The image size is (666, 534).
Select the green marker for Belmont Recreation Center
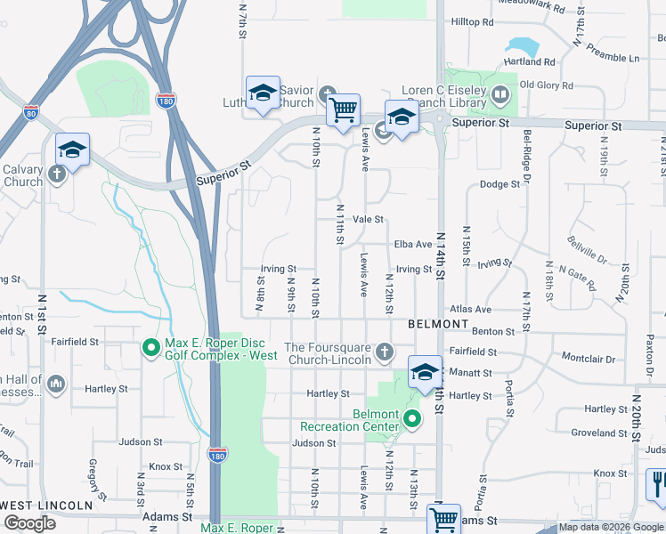411,418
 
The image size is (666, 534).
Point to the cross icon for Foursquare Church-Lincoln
384,352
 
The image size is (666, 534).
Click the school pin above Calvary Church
72,150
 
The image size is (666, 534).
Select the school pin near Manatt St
425,371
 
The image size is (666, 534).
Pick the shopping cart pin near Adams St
443,518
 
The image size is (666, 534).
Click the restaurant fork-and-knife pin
655,485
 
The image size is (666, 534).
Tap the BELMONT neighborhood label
438,324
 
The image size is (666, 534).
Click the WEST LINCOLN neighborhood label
46,505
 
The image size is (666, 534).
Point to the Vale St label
368,219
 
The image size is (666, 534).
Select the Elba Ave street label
412,245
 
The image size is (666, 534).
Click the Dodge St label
499,184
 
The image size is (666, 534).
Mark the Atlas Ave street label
470,309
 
